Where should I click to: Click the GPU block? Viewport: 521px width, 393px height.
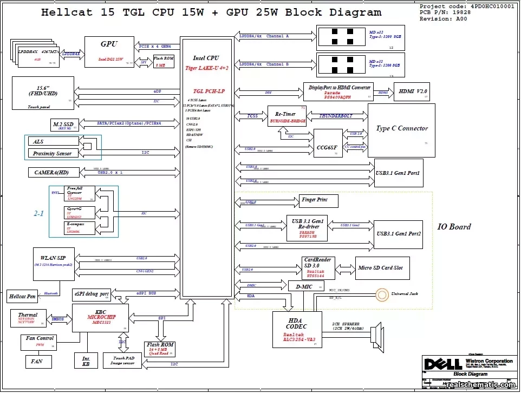pos(109,52)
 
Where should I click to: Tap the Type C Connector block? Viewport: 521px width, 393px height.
pos(401,129)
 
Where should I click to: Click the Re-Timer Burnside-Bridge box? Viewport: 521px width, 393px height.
pos(287,116)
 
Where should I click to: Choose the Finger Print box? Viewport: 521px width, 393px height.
pos(318,201)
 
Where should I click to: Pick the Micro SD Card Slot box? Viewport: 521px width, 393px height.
pos(382,268)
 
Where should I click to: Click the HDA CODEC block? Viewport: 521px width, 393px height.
pos(297,329)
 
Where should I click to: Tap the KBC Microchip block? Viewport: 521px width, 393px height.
pos(101,318)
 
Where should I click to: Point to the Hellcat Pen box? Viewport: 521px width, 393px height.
pos(22,297)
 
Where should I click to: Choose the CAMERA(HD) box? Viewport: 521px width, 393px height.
pos(50,173)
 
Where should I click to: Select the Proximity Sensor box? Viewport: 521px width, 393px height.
pos(52,154)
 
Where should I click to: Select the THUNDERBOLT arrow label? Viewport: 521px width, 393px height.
pos(335,116)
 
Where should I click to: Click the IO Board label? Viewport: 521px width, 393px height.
pos(454,227)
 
